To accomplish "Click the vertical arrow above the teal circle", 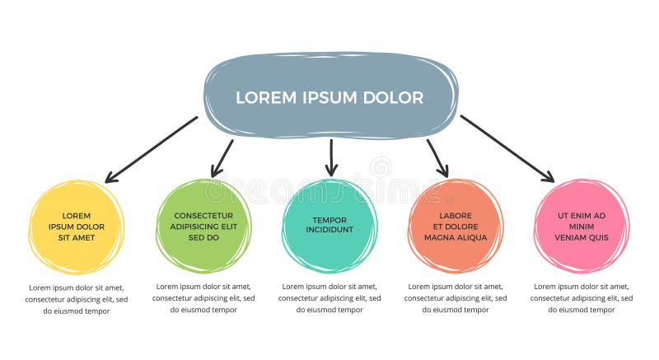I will pyautogui.click(x=331, y=157).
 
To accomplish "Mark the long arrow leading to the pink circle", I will pyautogui.click(x=507, y=148).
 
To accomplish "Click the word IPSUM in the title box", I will pyautogui.click(x=329, y=97).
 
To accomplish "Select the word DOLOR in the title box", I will pyautogui.click(x=393, y=97).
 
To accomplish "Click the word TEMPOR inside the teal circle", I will pyautogui.click(x=329, y=220).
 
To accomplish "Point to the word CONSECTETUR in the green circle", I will pyautogui.click(x=203, y=215).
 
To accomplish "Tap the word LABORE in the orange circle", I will pyautogui.click(x=456, y=215).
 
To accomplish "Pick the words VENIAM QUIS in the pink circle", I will pyautogui.click(x=582, y=237).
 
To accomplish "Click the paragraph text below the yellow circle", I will pyautogui.click(x=77, y=299).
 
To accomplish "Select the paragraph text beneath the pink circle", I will pyautogui.click(x=582, y=298).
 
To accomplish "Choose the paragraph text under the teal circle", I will pyautogui.click(x=329, y=298).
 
